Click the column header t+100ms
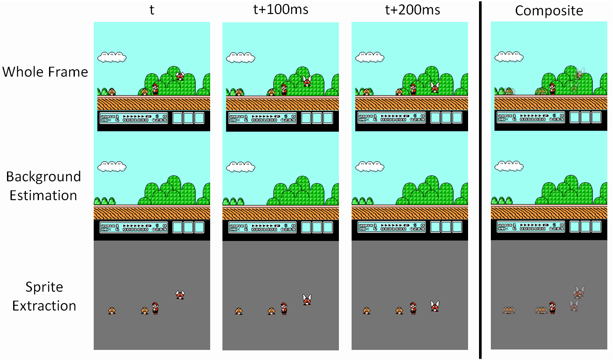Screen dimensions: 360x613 pyautogui.click(x=281, y=10)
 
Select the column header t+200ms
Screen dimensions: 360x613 pyautogui.click(x=410, y=10)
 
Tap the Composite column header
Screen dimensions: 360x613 pyautogui.click(x=549, y=11)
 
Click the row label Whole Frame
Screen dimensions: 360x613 pyautogui.click(x=45, y=71)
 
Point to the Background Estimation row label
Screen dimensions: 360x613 pyautogui.click(x=43, y=186)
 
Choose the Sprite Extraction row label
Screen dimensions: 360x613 pyautogui.click(x=44, y=296)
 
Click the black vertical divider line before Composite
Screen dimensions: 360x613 pyautogui.click(x=480, y=180)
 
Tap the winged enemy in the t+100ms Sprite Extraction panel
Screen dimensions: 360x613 pyautogui.click(x=307, y=300)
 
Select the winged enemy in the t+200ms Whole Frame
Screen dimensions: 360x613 pyautogui.click(x=435, y=87)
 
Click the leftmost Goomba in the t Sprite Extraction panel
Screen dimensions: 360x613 pyautogui.click(x=112, y=311)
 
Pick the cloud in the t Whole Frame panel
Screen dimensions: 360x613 pyautogui.click(x=112, y=56)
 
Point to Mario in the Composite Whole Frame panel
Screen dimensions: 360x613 pyautogui.click(x=552, y=88)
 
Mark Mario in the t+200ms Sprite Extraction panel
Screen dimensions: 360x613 pyautogui.click(x=413, y=308)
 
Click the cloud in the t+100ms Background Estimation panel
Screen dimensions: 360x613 pyautogui.click(x=241, y=166)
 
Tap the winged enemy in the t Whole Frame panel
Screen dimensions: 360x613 pyautogui.click(x=180, y=76)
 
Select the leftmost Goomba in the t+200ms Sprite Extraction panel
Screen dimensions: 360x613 pyautogui.click(x=366, y=311)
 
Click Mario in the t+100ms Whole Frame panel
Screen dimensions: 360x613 pyautogui.click(x=284, y=89)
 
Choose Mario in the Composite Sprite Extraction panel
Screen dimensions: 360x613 pyautogui.click(x=553, y=307)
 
